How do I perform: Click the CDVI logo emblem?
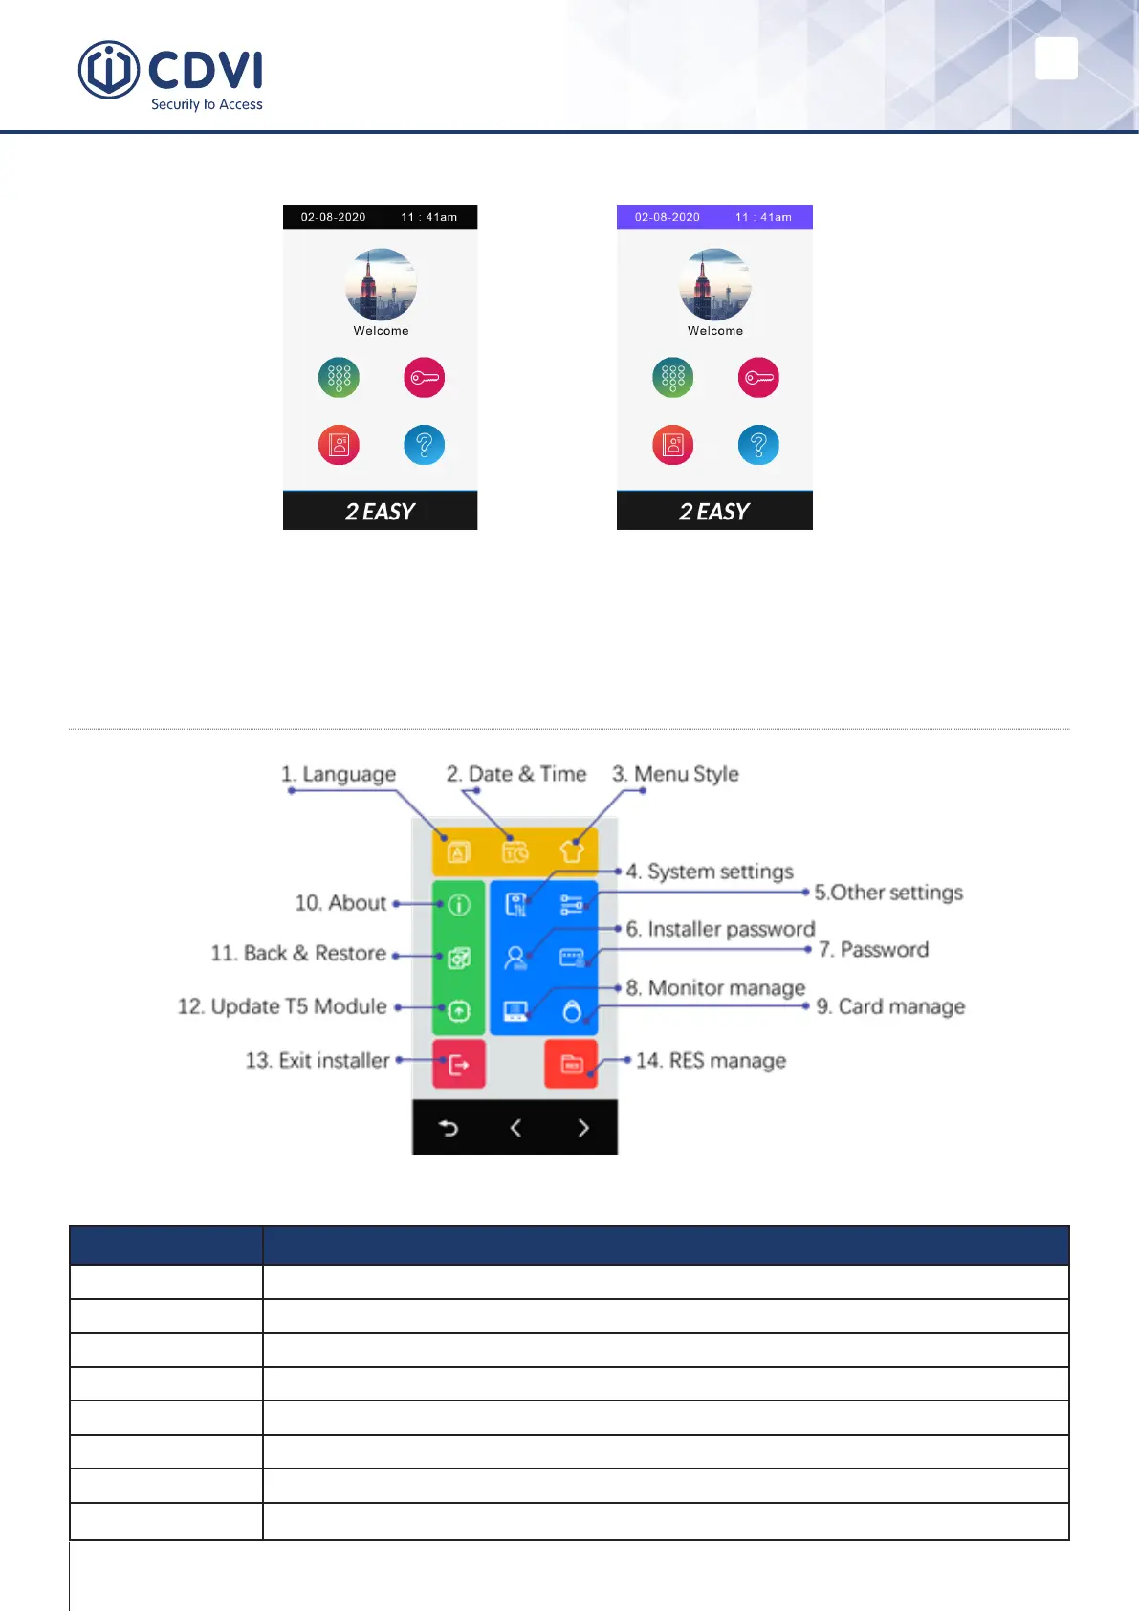point(108,70)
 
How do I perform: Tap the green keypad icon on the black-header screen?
point(339,378)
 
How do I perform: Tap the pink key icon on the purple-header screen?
point(758,378)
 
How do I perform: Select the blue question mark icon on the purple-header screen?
point(758,445)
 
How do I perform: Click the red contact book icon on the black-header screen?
point(339,445)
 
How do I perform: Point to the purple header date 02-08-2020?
point(667,217)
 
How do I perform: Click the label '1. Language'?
point(339,774)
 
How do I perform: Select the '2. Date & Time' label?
point(515,774)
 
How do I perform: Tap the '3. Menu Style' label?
point(675,774)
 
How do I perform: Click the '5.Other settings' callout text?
point(888,893)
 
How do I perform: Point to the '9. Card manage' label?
point(890,1006)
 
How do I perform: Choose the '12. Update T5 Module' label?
point(282,1006)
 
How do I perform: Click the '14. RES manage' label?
point(711,1060)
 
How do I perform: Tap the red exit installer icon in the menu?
point(459,1064)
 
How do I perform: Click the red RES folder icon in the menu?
point(571,1064)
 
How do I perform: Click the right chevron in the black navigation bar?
point(583,1128)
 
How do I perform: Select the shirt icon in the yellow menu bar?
point(572,850)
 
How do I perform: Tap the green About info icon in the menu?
point(459,904)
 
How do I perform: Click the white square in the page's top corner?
point(1056,59)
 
